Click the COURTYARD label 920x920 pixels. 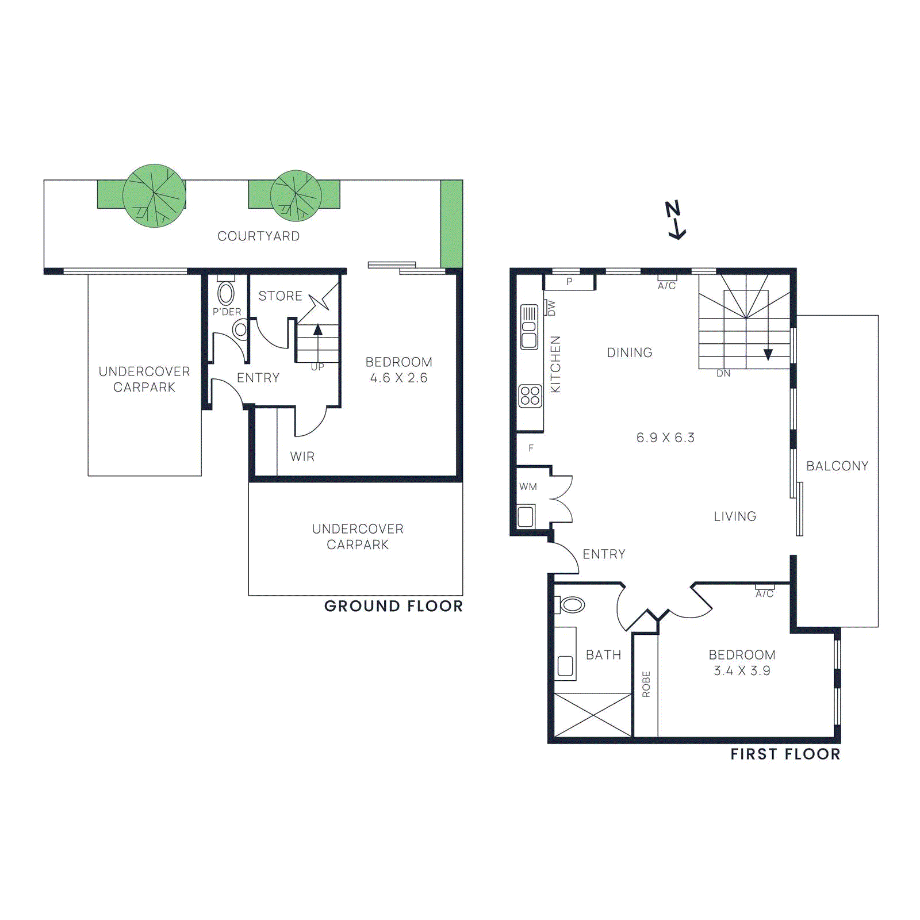(258, 236)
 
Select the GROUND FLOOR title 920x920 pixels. (393, 606)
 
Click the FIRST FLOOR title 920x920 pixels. (785, 754)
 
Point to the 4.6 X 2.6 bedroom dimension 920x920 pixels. (398, 378)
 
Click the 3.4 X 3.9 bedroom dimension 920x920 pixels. (742, 670)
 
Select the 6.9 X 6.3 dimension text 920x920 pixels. (665, 438)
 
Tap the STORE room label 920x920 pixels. (280, 296)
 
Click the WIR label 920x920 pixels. (302, 457)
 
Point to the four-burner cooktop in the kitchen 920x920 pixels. (530, 396)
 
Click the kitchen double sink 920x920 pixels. (529, 327)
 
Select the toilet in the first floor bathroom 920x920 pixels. (570, 604)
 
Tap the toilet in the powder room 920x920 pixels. (226, 293)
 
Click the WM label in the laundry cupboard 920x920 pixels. (528, 486)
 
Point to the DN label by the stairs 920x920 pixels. (723, 374)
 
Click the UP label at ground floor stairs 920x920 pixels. (317, 367)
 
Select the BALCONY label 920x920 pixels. (837, 466)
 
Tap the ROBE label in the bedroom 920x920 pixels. (646, 684)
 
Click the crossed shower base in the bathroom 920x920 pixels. (592, 715)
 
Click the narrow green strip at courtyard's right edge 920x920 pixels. (451, 224)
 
